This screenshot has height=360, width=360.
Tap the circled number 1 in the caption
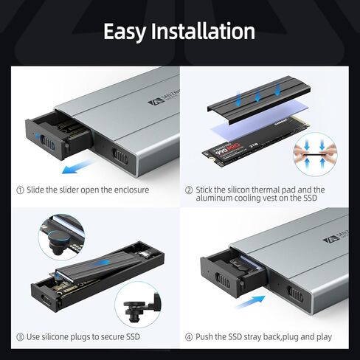click(20, 190)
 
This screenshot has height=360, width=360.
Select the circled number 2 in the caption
click(189, 190)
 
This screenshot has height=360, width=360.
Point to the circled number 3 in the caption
click(20, 336)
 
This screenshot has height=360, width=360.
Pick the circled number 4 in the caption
click(189, 336)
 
